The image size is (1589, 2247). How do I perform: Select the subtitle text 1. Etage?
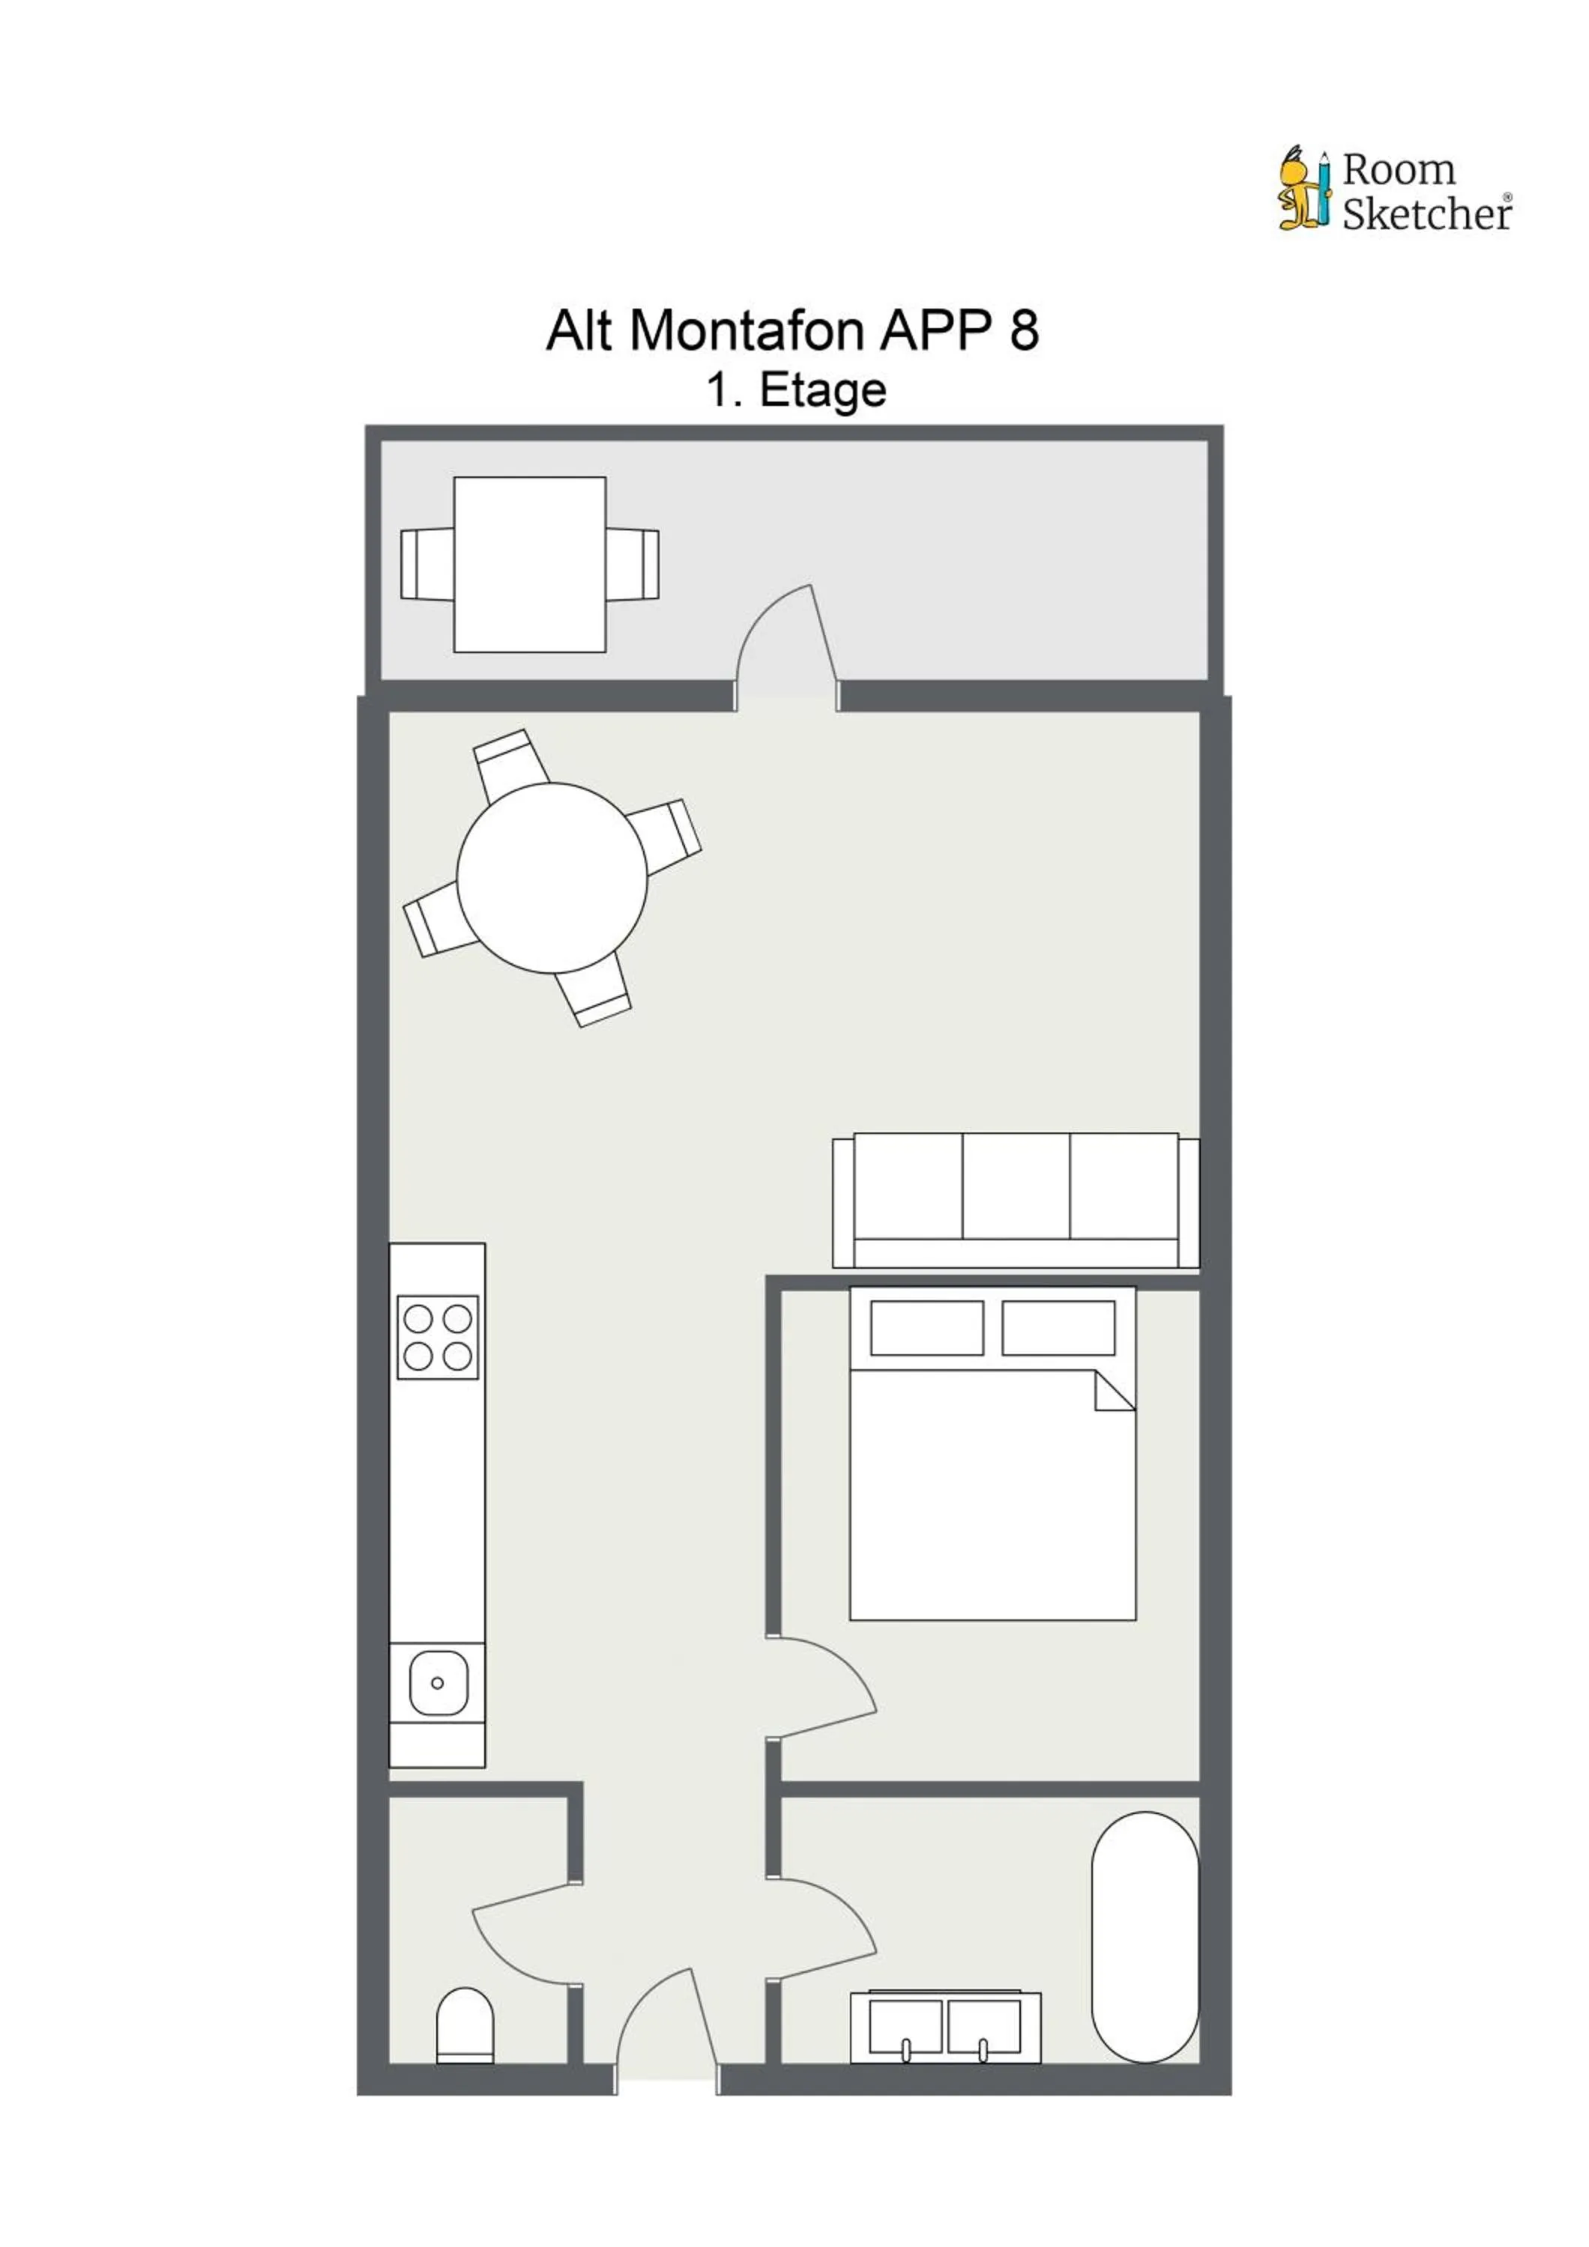pos(796,390)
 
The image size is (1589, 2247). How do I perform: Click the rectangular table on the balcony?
pos(530,565)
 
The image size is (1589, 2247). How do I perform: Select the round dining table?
pos(552,878)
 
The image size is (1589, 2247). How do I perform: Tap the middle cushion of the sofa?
pos(1016,1186)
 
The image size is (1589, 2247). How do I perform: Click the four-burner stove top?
pos(438,1338)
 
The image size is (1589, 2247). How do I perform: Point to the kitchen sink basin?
pos(438,1683)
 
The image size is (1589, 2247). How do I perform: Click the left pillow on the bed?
pos(926,1328)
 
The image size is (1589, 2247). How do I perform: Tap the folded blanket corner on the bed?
pos(1114,1392)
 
